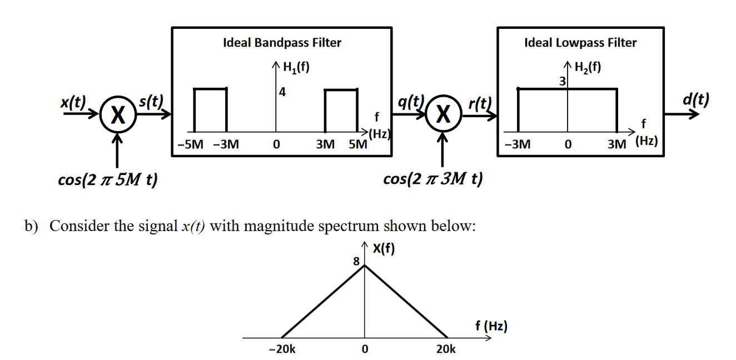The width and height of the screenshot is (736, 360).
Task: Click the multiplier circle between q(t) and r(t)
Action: click(443, 115)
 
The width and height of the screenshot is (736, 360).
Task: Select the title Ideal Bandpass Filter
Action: click(282, 43)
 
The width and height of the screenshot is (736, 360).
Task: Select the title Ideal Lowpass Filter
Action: click(580, 43)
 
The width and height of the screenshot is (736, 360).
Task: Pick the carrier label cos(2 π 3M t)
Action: click(433, 179)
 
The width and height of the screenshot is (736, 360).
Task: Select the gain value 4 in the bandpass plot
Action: click(282, 93)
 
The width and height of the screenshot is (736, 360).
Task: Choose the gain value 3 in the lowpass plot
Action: click(562, 82)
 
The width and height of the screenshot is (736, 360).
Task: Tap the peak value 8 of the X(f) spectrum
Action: click(356, 261)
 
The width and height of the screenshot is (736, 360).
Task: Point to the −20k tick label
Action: click(282, 349)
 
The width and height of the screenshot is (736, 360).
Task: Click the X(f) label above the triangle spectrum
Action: click(384, 249)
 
